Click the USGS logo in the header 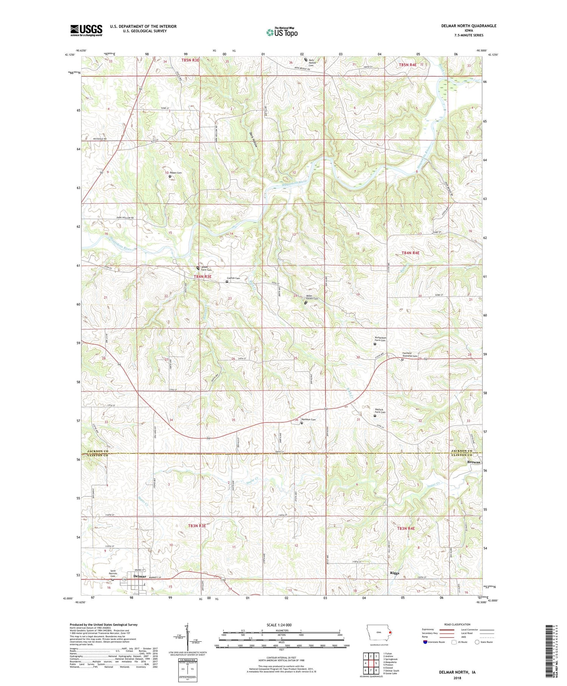86,30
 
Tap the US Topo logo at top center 282,32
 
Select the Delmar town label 140,576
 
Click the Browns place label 474,462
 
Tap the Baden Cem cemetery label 176,173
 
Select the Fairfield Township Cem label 409,355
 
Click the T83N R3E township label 197,526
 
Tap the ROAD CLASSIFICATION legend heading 457,624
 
